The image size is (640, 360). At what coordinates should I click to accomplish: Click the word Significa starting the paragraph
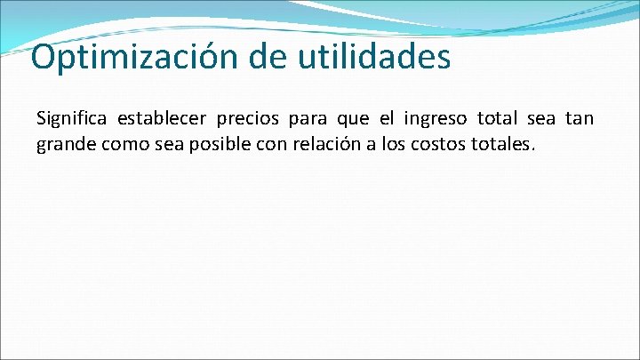point(71,119)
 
